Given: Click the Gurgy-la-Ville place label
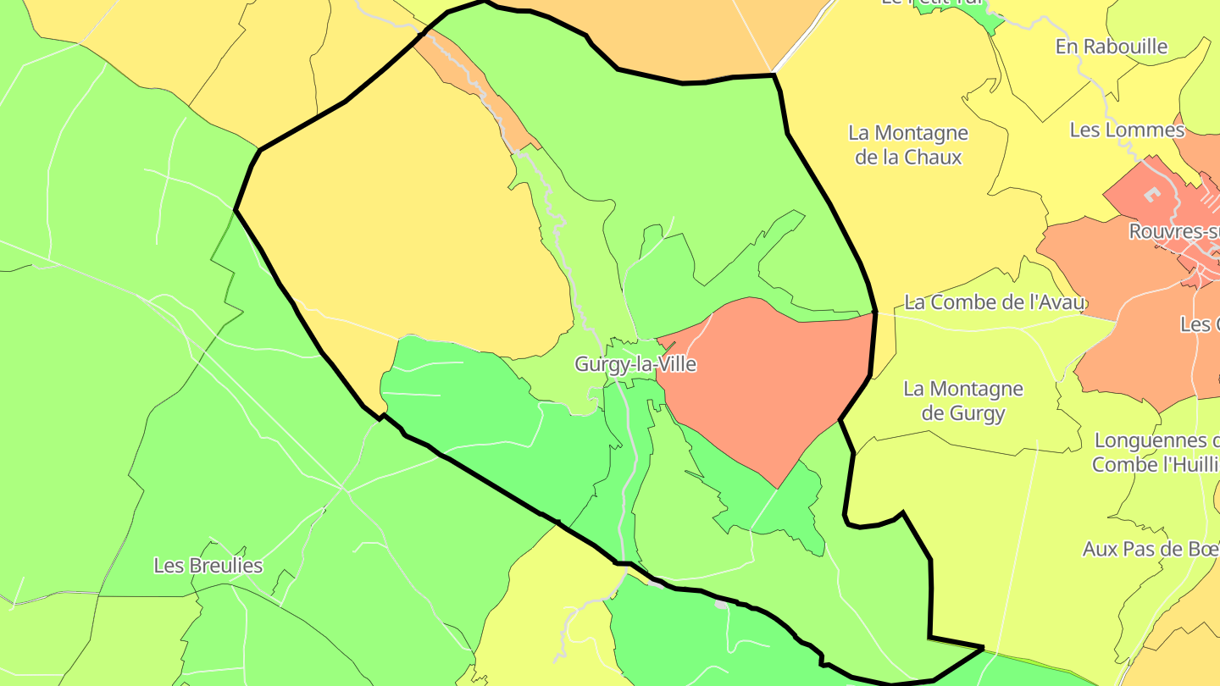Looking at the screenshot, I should click(x=635, y=364).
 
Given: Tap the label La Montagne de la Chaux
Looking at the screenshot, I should click(x=907, y=145).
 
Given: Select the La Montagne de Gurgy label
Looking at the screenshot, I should click(x=963, y=401).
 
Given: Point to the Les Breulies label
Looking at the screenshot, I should click(x=208, y=566).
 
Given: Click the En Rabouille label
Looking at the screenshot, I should click(x=1112, y=47).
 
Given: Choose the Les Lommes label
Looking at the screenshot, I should click(x=1127, y=130).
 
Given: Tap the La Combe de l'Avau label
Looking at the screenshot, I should click(x=995, y=302).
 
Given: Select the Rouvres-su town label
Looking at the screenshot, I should click(x=1173, y=231).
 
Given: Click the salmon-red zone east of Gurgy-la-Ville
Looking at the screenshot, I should click(x=762, y=381).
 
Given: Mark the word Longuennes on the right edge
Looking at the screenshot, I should click(x=1151, y=440).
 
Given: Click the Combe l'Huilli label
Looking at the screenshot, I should click(x=1155, y=464).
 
